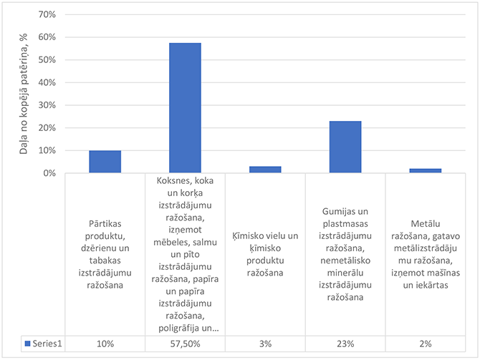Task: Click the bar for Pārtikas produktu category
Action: coord(105,162)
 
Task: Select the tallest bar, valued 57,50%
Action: coord(185,108)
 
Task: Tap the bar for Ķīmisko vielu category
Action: coord(265,170)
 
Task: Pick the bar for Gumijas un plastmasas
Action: coord(345,147)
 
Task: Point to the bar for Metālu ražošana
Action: coord(426,170)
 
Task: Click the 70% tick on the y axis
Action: coord(47,14)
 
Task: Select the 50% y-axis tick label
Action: coord(47,59)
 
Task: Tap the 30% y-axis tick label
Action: coord(47,105)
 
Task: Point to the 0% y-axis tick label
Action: coord(49,173)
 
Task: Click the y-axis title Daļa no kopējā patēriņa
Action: coord(23,93)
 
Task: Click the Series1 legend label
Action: coord(47,344)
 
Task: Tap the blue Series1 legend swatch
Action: coord(28,344)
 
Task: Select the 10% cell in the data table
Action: coord(105,344)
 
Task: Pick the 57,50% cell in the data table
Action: coord(185,344)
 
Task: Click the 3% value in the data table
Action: coord(265,344)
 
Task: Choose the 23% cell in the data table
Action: coord(345,344)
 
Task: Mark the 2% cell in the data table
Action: coord(426,344)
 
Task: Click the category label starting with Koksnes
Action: coord(185,254)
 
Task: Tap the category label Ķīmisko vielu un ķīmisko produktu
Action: coord(265,254)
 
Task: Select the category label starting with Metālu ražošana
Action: coord(426,254)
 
